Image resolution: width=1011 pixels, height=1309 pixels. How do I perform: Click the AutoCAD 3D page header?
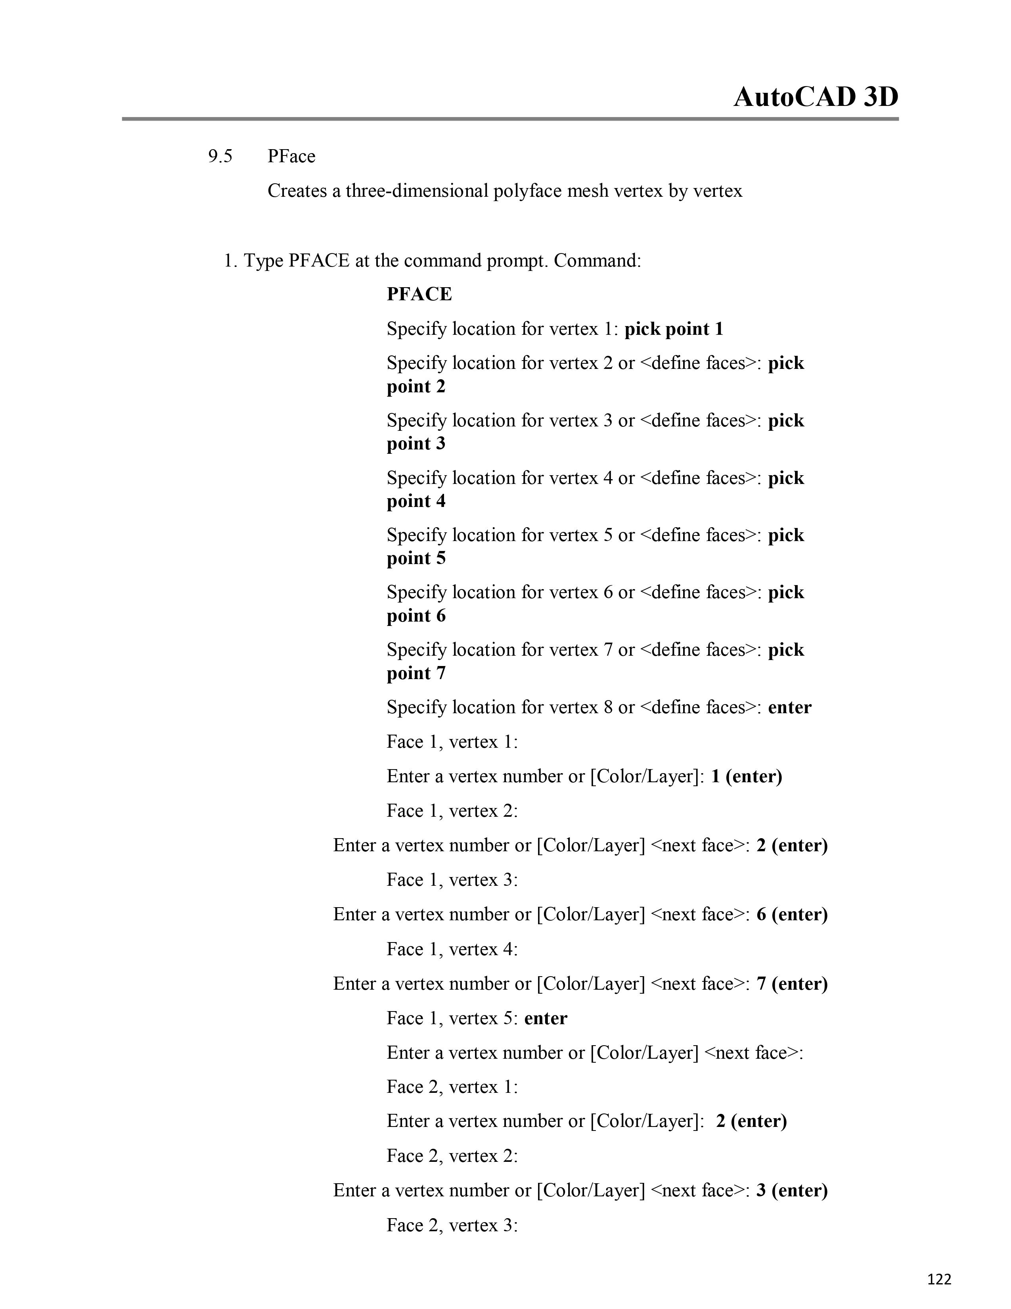click(816, 97)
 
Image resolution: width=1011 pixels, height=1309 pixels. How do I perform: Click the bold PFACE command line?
click(419, 294)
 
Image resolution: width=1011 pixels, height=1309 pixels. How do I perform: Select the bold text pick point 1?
click(674, 329)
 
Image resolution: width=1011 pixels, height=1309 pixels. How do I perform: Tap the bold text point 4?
click(416, 501)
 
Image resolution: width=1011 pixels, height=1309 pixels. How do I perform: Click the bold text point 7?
click(416, 673)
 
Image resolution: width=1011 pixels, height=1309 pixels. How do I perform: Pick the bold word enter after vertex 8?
click(789, 707)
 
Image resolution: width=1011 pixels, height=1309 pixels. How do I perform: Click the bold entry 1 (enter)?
click(746, 776)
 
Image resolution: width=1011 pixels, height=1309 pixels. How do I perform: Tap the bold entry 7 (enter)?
click(792, 984)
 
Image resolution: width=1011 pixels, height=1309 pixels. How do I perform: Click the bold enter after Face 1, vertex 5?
click(546, 1018)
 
